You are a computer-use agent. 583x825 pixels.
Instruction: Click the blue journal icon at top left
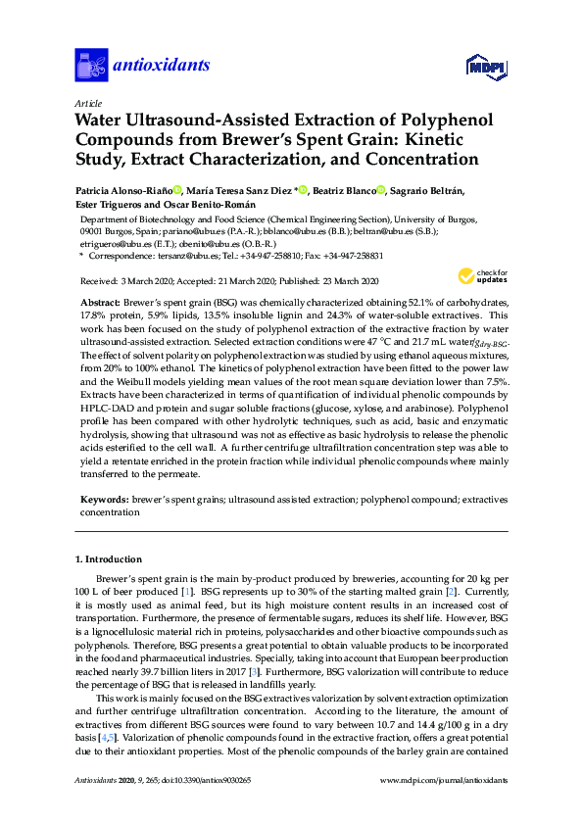pos(91,65)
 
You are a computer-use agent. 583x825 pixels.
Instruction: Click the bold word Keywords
pos(103,500)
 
